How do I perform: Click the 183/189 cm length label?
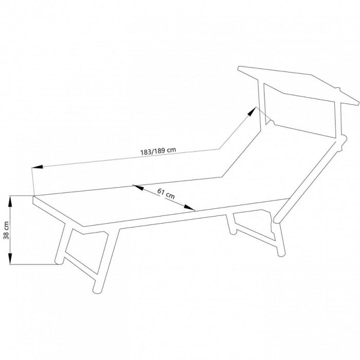(x=158, y=151)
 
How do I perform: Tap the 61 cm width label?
(x=166, y=193)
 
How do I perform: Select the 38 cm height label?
(x=6, y=230)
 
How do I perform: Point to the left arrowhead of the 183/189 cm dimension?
(x=37, y=167)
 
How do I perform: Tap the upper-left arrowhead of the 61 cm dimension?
(x=138, y=188)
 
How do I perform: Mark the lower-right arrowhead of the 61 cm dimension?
(x=189, y=208)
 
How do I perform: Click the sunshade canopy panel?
(x=298, y=85)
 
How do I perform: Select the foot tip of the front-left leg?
(x=97, y=290)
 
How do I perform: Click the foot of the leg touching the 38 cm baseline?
(x=59, y=262)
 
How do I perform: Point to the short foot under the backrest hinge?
(x=232, y=231)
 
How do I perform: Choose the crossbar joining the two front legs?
(x=80, y=265)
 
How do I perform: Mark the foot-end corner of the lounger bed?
(x=34, y=196)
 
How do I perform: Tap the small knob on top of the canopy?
(x=337, y=89)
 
